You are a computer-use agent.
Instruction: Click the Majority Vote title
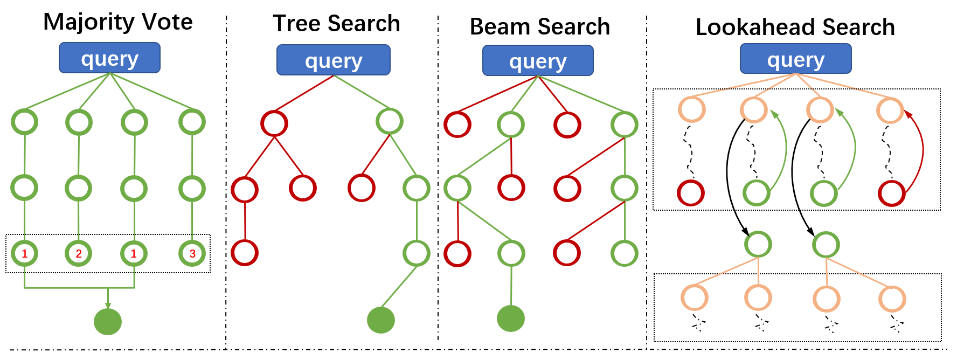click(117, 22)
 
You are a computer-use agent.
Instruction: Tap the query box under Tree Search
click(333, 60)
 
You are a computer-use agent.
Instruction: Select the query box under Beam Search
click(537, 61)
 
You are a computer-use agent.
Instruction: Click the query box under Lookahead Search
click(795, 59)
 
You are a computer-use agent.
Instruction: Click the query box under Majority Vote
click(109, 58)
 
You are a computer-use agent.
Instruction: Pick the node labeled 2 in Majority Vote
click(79, 253)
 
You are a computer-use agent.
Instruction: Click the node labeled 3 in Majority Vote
click(192, 253)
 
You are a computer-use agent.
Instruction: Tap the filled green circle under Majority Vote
click(108, 321)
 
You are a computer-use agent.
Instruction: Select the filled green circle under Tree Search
click(381, 320)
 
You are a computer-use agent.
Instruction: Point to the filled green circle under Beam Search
click(510, 319)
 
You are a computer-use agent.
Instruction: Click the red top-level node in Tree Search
click(274, 123)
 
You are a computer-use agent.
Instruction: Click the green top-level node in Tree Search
click(390, 121)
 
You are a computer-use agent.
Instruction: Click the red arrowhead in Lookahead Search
click(907, 114)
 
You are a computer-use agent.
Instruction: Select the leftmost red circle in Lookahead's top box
click(691, 193)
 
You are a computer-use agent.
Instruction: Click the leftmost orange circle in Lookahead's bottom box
click(694, 298)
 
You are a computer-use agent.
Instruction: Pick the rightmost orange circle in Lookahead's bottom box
click(892, 299)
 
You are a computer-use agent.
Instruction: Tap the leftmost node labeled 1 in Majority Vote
click(24, 253)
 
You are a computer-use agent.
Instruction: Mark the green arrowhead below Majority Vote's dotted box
click(108, 306)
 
